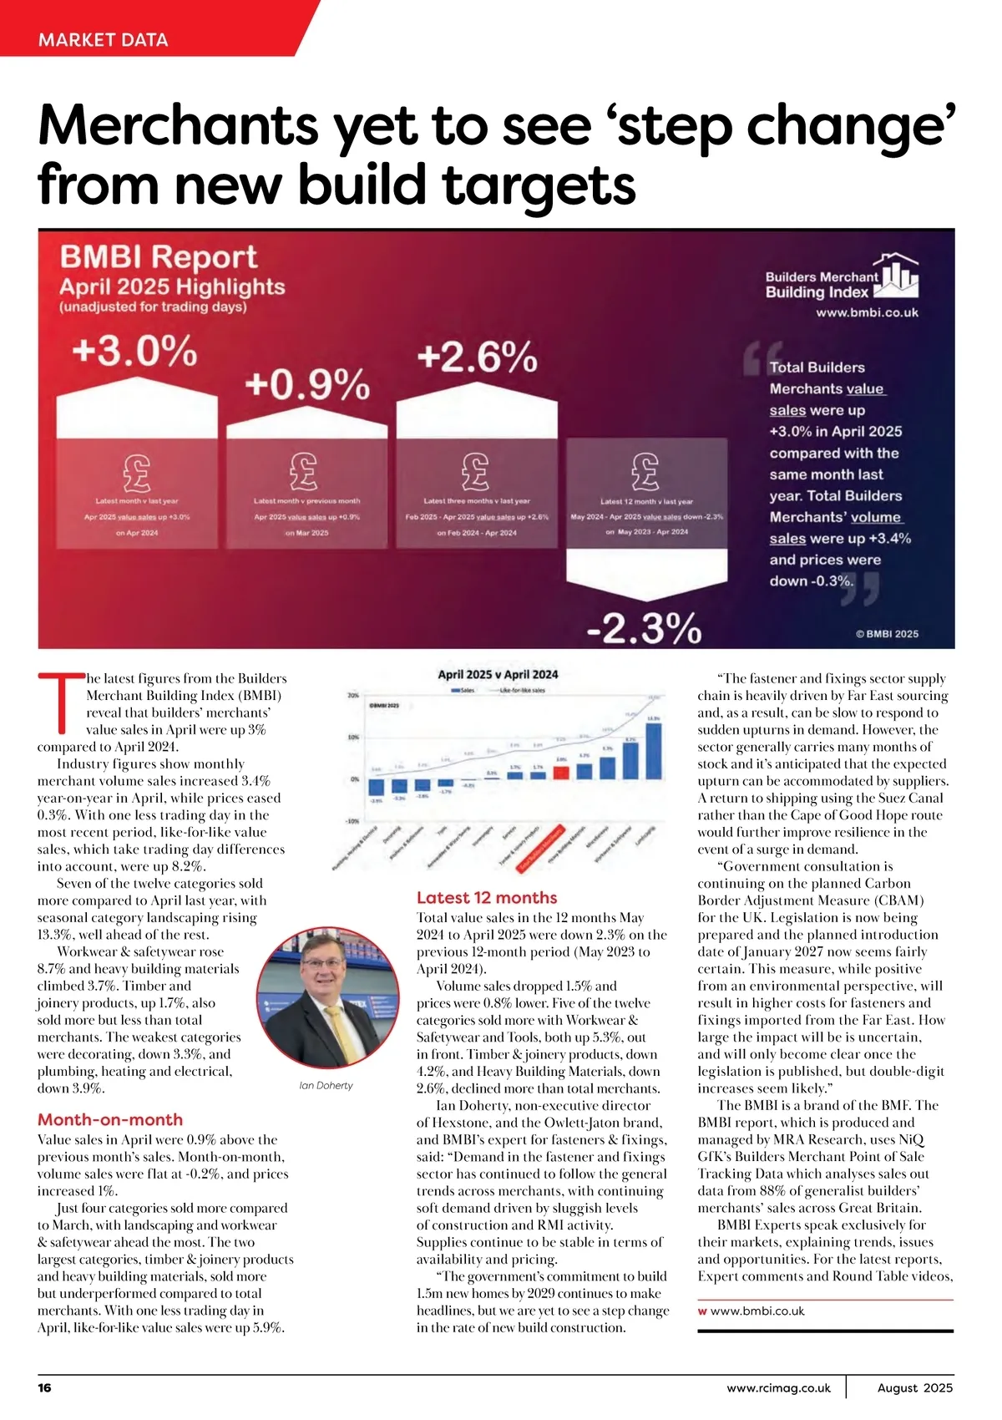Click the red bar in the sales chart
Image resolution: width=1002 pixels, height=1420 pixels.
coord(561,771)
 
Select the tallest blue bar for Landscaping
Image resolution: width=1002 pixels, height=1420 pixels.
coord(654,750)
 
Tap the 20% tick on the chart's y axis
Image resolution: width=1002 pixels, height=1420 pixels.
coord(353,695)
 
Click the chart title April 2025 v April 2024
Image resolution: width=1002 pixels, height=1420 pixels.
coord(498,675)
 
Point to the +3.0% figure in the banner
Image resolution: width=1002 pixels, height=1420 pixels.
coord(134,351)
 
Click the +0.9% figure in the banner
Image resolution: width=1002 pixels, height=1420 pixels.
coord(306,385)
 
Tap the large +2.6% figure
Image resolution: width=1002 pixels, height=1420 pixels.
coord(477,358)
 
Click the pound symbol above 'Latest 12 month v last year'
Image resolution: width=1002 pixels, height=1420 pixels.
coord(645,473)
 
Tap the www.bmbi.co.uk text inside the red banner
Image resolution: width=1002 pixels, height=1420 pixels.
coord(867,312)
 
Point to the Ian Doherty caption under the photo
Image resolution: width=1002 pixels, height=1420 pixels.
coord(326,1085)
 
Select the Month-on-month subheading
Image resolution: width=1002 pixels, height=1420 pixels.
coord(110,1119)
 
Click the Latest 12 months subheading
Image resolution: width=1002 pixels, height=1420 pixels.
coord(487,898)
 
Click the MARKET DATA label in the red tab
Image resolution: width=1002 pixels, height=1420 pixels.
coord(103,39)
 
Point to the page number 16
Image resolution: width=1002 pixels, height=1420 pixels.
coord(44,1387)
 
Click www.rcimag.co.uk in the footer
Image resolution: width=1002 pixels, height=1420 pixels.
coord(778,1388)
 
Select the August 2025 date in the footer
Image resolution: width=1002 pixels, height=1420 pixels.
coord(914,1388)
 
